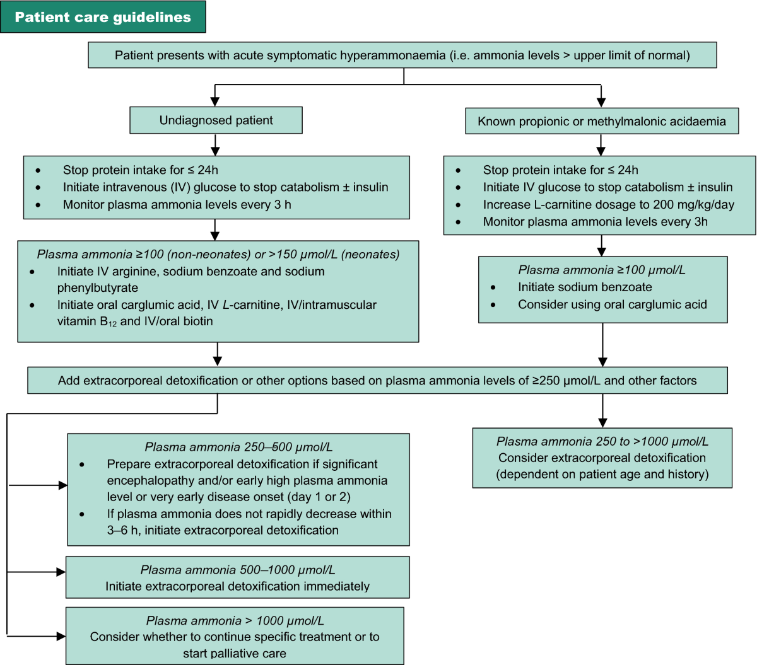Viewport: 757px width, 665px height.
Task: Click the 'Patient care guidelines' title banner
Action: [103, 17]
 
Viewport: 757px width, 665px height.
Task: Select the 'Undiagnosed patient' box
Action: [216, 120]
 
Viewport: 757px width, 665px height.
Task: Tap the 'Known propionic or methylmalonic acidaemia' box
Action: [602, 121]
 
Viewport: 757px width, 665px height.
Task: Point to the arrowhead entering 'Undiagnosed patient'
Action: [215, 101]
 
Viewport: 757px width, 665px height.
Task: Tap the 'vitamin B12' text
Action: [87, 321]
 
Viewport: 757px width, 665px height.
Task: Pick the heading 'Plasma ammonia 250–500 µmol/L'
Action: [238, 447]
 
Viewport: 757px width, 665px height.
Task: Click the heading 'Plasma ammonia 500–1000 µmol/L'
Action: [238, 570]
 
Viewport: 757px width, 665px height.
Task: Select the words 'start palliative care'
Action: [235, 654]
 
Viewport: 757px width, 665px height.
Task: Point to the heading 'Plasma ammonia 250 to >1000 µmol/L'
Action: [602, 441]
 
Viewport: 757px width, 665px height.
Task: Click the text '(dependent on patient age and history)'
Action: [602, 474]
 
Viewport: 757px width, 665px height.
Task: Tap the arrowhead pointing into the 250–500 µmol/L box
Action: [63, 485]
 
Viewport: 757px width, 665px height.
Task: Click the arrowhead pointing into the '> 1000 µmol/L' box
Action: [61, 636]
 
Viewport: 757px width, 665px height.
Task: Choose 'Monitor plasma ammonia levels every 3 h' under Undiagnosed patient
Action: [177, 205]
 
